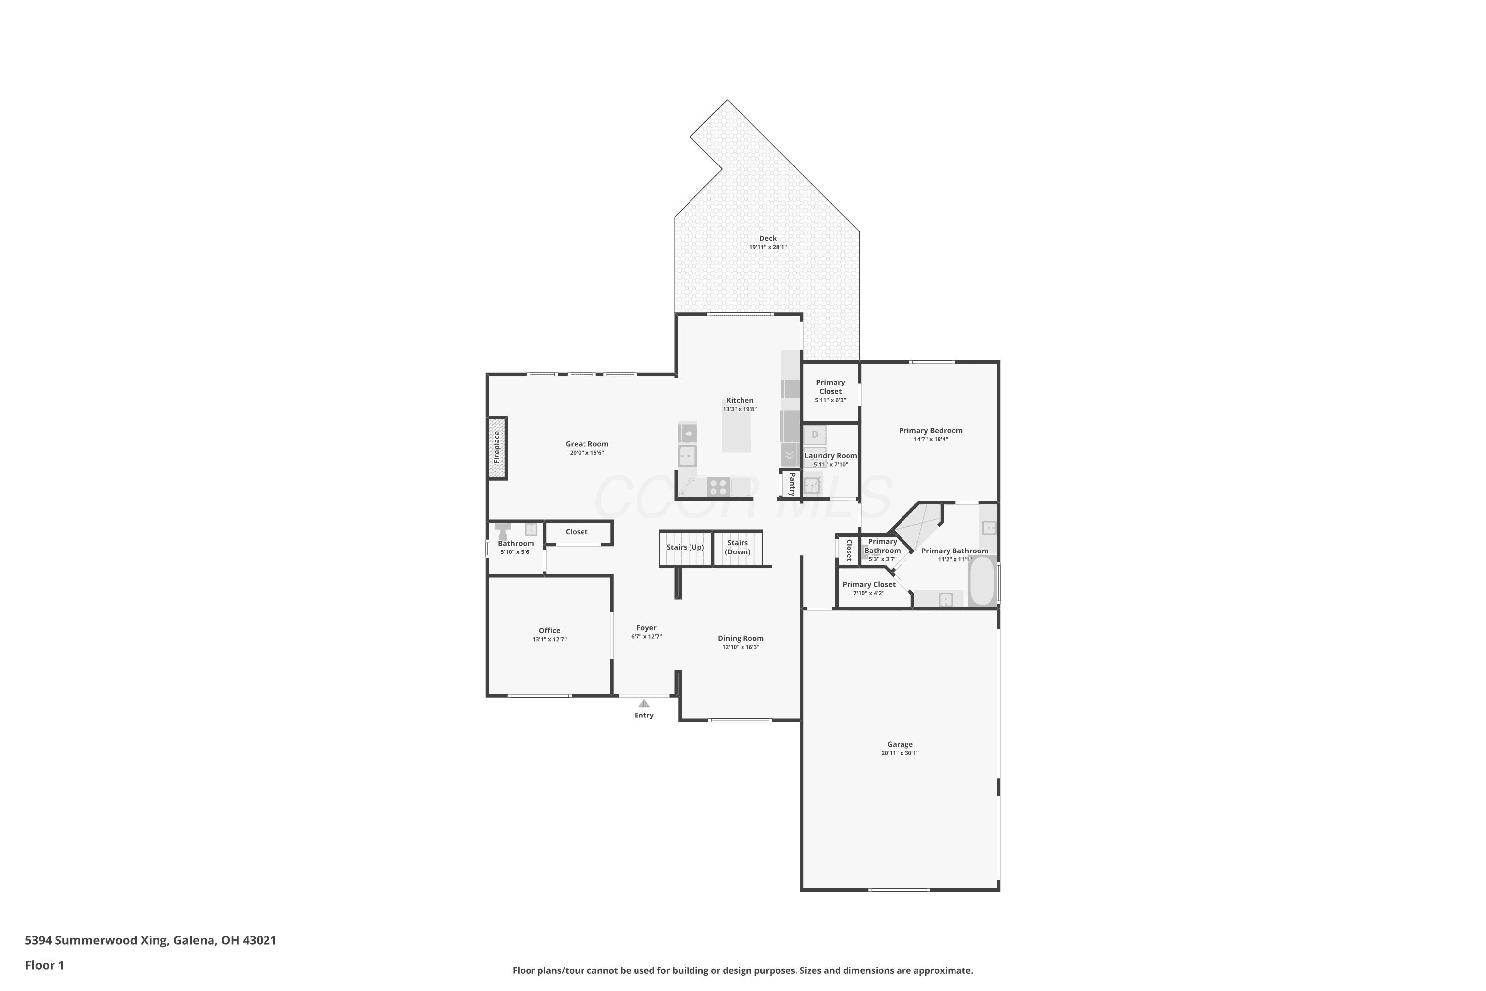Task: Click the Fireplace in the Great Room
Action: coord(497,447)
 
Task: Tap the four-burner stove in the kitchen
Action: coord(718,487)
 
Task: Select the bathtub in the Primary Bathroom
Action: coord(982,580)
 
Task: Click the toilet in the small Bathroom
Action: coord(503,531)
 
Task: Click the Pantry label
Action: coord(792,484)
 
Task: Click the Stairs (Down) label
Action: coord(738,548)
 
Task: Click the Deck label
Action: coord(768,238)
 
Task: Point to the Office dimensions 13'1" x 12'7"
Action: coord(550,639)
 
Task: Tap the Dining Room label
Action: coord(741,638)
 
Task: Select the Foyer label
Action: coord(646,628)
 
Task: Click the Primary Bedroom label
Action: coord(931,431)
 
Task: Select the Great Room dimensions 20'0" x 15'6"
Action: coord(587,452)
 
